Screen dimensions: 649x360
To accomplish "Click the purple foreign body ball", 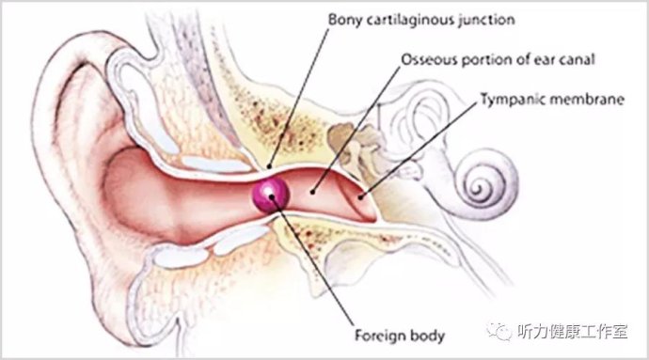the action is (271, 194).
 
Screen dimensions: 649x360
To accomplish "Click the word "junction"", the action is (486, 20).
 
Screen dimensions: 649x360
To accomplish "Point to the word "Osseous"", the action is (429, 59).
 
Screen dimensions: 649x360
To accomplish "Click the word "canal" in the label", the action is (578, 59).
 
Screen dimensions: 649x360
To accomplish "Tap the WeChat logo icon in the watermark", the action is (499, 332).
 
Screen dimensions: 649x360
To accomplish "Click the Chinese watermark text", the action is (573, 332).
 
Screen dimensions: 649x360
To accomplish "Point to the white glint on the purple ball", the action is (269, 190).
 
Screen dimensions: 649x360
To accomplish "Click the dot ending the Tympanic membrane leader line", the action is (361, 197).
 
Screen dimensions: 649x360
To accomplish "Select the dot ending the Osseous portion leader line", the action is (312, 192).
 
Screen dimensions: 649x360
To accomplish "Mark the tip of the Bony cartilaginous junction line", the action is (269, 166).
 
